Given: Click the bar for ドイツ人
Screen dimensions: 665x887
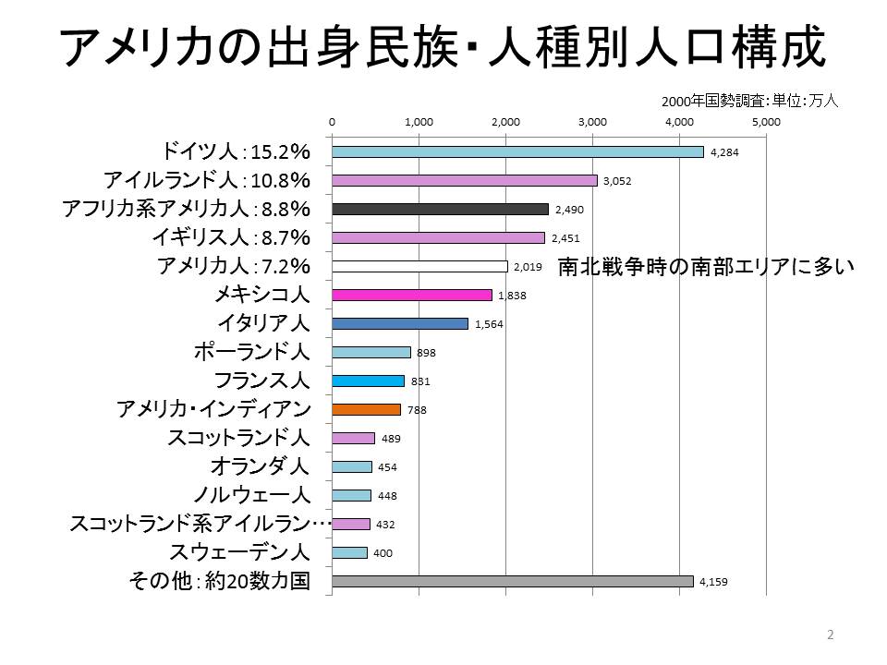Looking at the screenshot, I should tap(517, 152).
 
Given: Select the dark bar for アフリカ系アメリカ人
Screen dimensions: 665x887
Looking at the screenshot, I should tap(440, 210).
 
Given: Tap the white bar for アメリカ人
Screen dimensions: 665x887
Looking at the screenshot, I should tap(419, 267).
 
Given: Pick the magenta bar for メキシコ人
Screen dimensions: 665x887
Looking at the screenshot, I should tap(411, 296).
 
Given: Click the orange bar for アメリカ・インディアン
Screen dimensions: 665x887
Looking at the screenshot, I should tap(366, 409).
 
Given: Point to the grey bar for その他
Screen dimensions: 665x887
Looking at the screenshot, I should tap(512, 582).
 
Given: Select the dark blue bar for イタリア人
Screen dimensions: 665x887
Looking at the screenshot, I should tap(400, 324).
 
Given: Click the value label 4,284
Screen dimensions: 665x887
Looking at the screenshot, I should tap(726, 152).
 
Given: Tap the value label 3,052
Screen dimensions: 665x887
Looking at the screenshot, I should tap(617, 181).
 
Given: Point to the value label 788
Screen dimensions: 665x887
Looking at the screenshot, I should tap(418, 409).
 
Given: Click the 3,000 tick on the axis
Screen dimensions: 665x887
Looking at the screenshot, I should tap(592, 122).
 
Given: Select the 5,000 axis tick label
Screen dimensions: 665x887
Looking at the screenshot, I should tap(766, 122).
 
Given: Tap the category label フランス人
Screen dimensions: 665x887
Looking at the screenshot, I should tap(261, 381).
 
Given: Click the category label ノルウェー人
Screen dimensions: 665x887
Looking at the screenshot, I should tap(251, 495).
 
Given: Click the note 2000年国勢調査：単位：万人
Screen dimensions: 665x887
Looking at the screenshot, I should tap(749, 102).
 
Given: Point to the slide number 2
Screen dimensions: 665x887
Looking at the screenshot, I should tap(830, 635).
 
